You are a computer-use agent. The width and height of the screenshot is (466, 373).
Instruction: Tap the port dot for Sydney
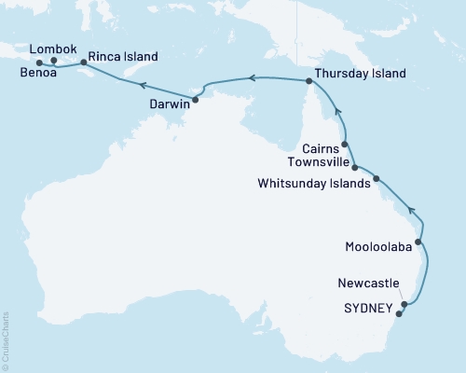coord(399,313)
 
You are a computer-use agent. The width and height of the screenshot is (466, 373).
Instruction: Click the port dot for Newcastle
coord(404,304)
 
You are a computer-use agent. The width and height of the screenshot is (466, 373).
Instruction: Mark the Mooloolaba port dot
coord(418,242)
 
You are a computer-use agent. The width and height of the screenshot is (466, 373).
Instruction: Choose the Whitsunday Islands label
coord(314,184)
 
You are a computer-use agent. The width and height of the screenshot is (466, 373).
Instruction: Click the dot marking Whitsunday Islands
coord(377,178)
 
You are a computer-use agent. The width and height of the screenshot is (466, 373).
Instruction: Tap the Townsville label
coord(317,163)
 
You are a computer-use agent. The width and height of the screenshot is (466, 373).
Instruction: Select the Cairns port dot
coord(345,145)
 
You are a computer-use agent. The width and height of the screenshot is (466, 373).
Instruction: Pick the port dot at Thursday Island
coord(308,82)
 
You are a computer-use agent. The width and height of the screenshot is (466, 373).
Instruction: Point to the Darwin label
coord(170,104)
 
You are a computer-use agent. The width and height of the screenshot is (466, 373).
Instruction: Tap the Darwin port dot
coord(195,99)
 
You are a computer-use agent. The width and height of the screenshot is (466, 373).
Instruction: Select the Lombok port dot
coord(54,62)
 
